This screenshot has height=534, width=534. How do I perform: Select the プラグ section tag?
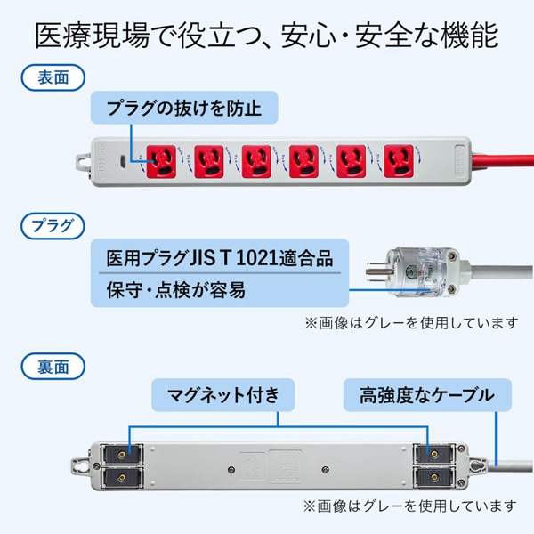tap(45, 222)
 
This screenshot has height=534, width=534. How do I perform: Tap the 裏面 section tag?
tap(45, 365)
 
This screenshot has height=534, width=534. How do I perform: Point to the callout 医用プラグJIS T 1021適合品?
tap(219, 258)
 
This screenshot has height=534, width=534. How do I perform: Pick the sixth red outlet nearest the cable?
tap(400, 160)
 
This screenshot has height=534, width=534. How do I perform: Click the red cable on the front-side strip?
tap(498, 162)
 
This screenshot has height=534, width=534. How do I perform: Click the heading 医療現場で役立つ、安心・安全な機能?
tap(266, 35)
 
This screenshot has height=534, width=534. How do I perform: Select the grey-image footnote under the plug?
tap(410, 321)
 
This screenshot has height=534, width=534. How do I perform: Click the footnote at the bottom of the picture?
tap(410, 507)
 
